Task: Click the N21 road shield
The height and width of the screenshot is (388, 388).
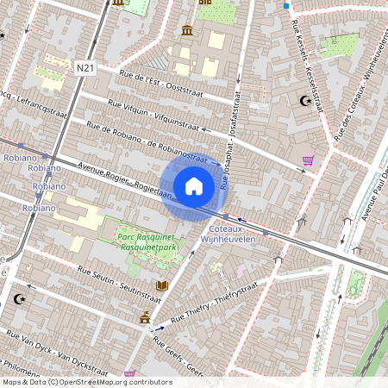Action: (x=84, y=68)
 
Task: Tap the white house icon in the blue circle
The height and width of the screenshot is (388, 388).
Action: (x=194, y=185)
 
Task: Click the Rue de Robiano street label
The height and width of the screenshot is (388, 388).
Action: (x=147, y=143)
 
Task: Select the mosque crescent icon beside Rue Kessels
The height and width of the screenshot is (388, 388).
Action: (x=303, y=101)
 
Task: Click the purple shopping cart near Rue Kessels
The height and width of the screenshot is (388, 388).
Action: (x=308, y=160)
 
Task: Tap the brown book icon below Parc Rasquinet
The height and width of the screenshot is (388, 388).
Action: (x=161, y=285)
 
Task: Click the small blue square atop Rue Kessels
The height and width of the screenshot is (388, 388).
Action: (x=286, y=5)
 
